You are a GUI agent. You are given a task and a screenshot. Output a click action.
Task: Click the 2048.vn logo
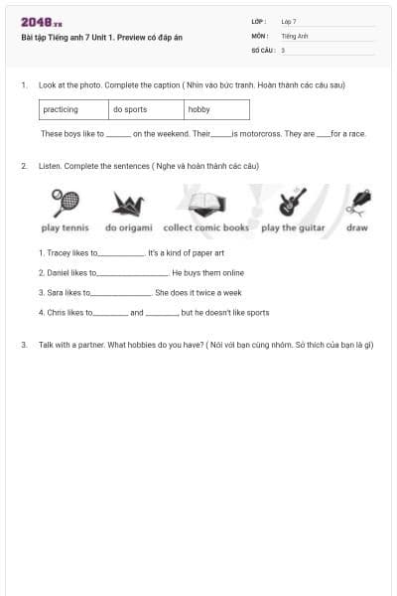(42, 23)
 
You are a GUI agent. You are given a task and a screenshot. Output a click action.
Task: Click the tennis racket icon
(66, 203)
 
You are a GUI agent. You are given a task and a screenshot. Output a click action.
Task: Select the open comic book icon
(204, 204)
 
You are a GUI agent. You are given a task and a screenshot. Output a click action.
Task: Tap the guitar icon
(292, 202)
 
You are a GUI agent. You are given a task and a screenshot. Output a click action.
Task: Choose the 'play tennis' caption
(65, 227)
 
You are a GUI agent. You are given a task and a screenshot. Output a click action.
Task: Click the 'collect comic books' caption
(206, 227)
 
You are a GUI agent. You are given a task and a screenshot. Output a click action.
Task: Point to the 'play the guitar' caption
(293, 227)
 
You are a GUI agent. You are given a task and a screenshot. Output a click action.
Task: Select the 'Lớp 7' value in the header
(289, 21)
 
